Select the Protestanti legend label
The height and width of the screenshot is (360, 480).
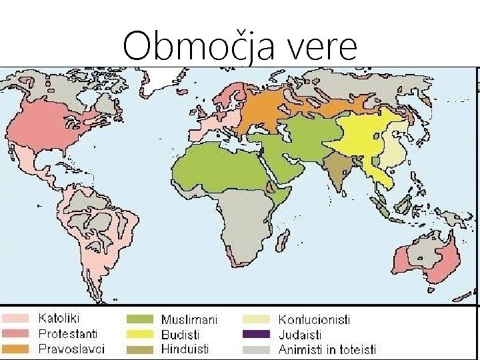pos(68,333)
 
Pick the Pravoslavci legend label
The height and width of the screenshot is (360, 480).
pos(71,348)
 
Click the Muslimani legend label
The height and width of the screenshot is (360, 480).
pos(189,320)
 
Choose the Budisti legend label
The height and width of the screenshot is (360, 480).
pos(180,334)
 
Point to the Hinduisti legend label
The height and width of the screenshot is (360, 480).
pos(185,348)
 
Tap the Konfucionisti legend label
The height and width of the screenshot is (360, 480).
pos(314,320)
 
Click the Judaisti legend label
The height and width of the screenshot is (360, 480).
pos(300,334)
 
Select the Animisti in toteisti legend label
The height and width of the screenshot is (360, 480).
pos(327,349)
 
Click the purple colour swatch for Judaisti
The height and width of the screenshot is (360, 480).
pos(256,334)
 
